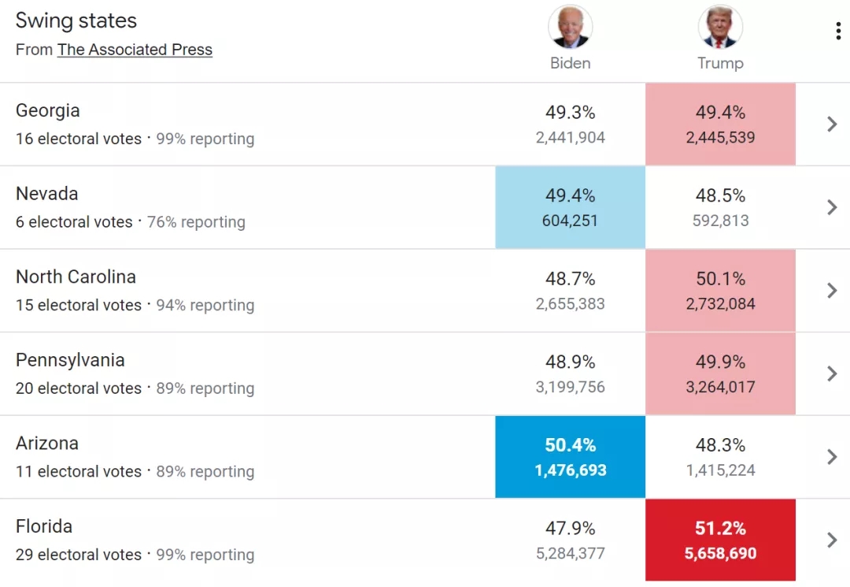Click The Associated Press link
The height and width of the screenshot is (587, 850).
pyautogui.click(x=135, y=50)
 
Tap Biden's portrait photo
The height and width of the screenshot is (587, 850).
pyautogui.click(x=570, y=27)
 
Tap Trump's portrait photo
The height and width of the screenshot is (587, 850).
pyautogui.click(x=720, y=27)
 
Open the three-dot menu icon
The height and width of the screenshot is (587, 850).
pyautogui.click(x=838, y=31)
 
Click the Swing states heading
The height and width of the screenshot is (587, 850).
pyautogui.click(x=76, y=21)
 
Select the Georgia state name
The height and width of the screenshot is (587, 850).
pyautogui.click(x=48, y=111)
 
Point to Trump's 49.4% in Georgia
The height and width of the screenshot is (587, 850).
pyautogui.click(x=720, y=113)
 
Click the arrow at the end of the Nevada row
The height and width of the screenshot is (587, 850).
pyautogui.click(x=832, y=207)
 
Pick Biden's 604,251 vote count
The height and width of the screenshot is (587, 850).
pyautogui.click(x=570, y=221)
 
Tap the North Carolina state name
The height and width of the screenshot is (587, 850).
pyautogui.click(x=76, y=277)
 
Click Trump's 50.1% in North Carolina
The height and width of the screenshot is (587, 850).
pyautogui.click(x=720, y=279)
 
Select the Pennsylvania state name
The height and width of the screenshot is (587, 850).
pyautogui.click(x=70, y=360)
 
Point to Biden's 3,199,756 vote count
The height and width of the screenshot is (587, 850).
pyautogui.click(x=570, y=388)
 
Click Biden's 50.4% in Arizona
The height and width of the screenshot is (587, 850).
pyautogui.click(x=570, y=446)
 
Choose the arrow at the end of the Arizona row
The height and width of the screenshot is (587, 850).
pyautogui.click(x=832, y=457)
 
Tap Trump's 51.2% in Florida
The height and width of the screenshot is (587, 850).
pyautogui.click(x=720, y=529)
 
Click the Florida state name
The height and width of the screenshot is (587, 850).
pyautogui.click(x=44, y=526)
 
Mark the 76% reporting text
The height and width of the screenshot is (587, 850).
pyautogui.click(x=196, y=222)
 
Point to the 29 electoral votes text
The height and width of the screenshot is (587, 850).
pyautogui.click(x=79, y=555)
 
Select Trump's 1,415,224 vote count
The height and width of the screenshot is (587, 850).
pyautogui.click(x=720, y=471)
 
